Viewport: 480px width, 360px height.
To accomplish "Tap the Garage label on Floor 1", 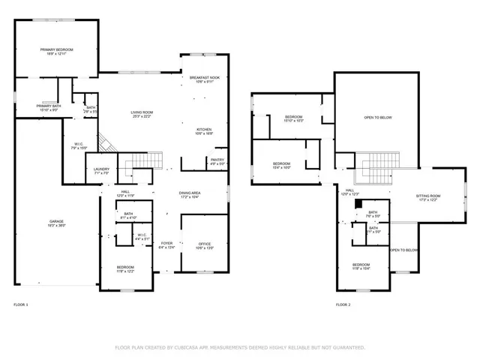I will coord(56,222).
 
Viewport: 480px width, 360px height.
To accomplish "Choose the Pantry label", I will coord(217,159).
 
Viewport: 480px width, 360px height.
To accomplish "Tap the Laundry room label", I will coord(102,169).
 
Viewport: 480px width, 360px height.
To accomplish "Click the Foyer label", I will coord(166,244).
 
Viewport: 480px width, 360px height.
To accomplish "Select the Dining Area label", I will coord(190,193).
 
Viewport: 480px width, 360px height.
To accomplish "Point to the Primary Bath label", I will coord(49,106).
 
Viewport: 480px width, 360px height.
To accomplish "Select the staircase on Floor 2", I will coord(373,171).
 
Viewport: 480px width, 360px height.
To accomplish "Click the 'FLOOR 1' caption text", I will coord(20,304).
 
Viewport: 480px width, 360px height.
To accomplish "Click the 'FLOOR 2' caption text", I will coord(343,304).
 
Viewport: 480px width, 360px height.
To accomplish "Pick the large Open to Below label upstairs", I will coord(378,118).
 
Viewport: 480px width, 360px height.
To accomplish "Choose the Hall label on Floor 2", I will coord(350,190).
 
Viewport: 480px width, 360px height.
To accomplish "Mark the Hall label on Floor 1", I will coord(124,193).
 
